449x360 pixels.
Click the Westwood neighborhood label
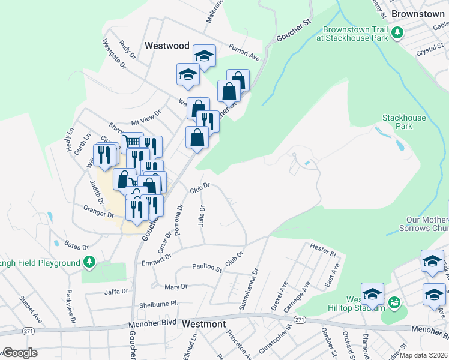(x=167, y=46)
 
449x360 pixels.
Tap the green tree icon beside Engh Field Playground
(x=89, y=262)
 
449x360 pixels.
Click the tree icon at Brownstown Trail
(x=396, y=32)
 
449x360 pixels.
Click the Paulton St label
(x=206, y=267)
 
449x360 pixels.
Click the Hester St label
(x=323, y=249)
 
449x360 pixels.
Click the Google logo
(x=20, y=353)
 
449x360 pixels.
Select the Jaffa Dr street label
(x=116, y=292)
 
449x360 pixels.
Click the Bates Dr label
(x=76, y=247)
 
